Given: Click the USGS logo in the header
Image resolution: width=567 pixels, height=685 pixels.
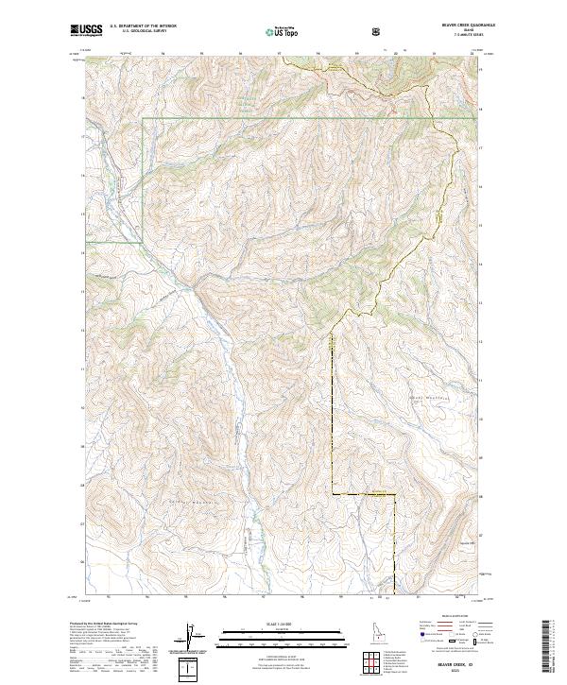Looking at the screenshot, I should pos(87,31).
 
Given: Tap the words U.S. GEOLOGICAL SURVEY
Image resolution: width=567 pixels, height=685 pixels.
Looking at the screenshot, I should pos(137,32).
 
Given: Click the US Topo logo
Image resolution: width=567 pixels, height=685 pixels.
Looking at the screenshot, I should pos(282,31).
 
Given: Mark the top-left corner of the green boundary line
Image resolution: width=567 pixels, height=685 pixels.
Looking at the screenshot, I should pos(143,120).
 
